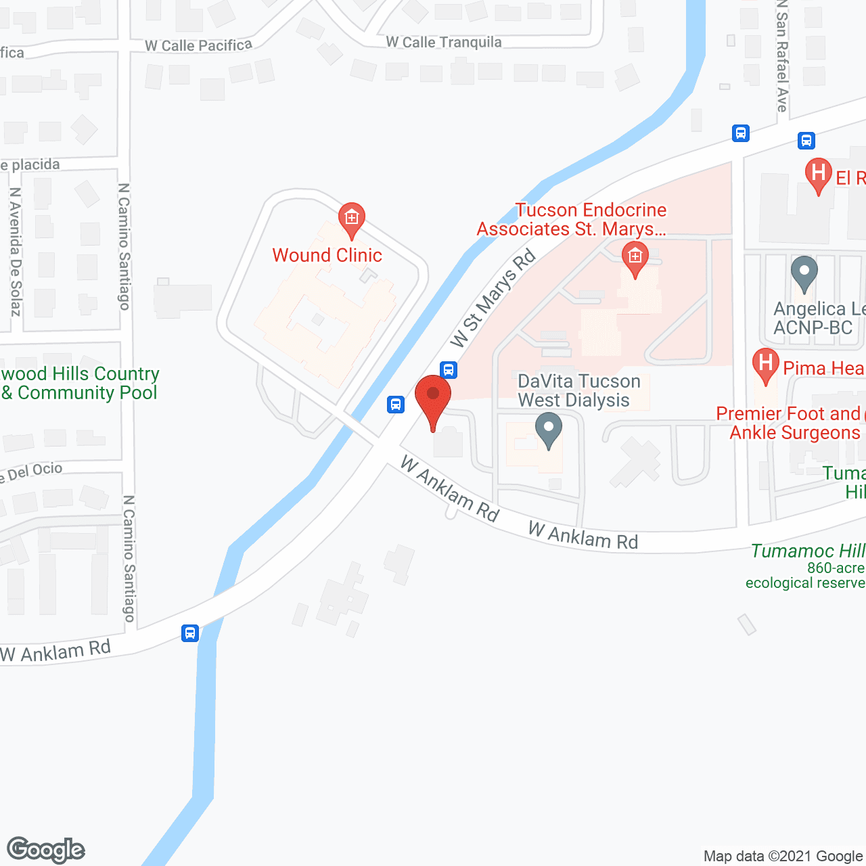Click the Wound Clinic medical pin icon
[x=351, y=219]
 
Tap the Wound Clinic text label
[x=327, y=255]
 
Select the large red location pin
[x=433, y=399]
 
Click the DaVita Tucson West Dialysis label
[x=578, y=390]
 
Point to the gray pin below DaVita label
[x=549, y=430]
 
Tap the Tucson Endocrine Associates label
[x=572, y=220]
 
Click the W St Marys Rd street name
[x=493, y=298]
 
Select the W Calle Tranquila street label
[x=444, y=42]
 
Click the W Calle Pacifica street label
[x=198, y=45]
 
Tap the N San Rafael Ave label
[x=782, y=57]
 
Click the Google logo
[x=46, y=850]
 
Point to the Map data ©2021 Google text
[x=783, y=856]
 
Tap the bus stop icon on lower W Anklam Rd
[x=190, y=633]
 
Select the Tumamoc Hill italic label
[x=808, y=551]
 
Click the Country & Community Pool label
[x=80, y=383]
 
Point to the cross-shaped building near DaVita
[x=635, y=462]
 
